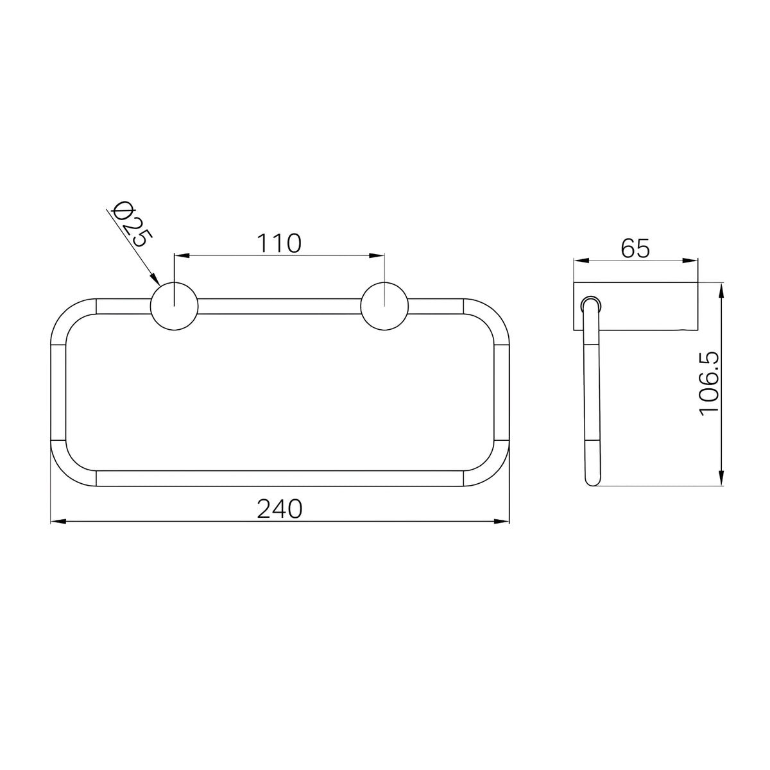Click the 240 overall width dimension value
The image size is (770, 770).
(279, 509)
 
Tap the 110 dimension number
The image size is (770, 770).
(279, 243)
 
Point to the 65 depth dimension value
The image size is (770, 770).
(635, 248)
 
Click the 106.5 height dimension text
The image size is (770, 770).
(710, 384)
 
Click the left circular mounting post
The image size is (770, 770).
(175, 306)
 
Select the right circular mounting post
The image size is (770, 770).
(384, 306)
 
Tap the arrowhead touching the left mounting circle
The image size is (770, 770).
(155, 279)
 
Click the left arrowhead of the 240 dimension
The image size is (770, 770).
(58, 522)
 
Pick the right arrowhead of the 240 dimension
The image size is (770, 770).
(502, 522)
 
